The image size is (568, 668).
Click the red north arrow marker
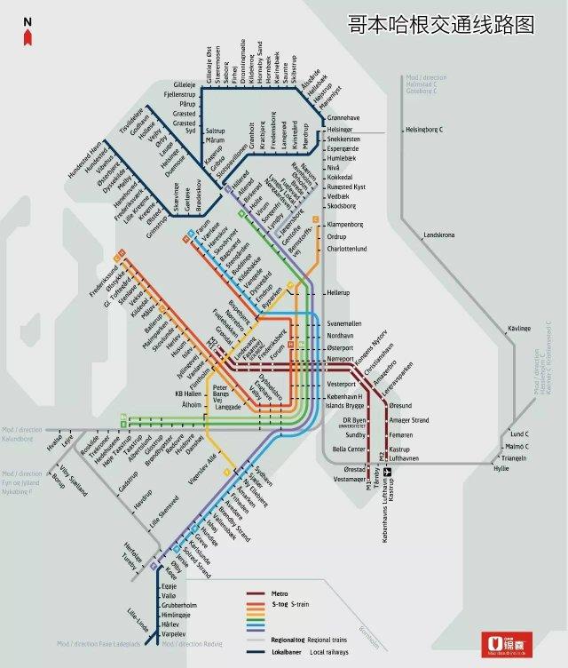[x=28, y=36]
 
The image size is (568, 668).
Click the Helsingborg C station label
[x=423, y=130]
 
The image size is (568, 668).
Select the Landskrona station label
[x=440, y=235]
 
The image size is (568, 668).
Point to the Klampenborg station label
[x=348, y=225]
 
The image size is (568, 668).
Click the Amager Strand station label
[x=409, y=419]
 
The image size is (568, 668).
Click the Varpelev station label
[x=175, y=634]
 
